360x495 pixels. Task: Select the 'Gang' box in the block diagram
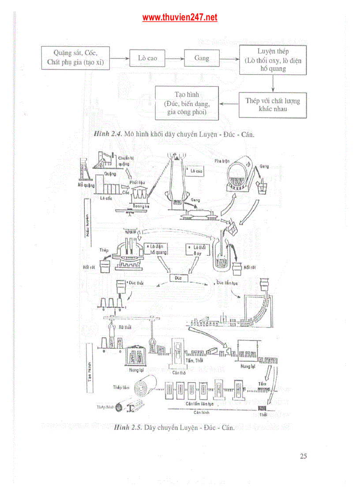[202, 58]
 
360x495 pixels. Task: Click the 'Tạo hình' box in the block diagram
[187, 104]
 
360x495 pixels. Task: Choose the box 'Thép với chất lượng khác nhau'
[273, 105]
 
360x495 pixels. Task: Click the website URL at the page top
[180, 18]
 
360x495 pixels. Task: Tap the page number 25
[303, 456]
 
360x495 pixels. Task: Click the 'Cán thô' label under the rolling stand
[180, 372]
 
